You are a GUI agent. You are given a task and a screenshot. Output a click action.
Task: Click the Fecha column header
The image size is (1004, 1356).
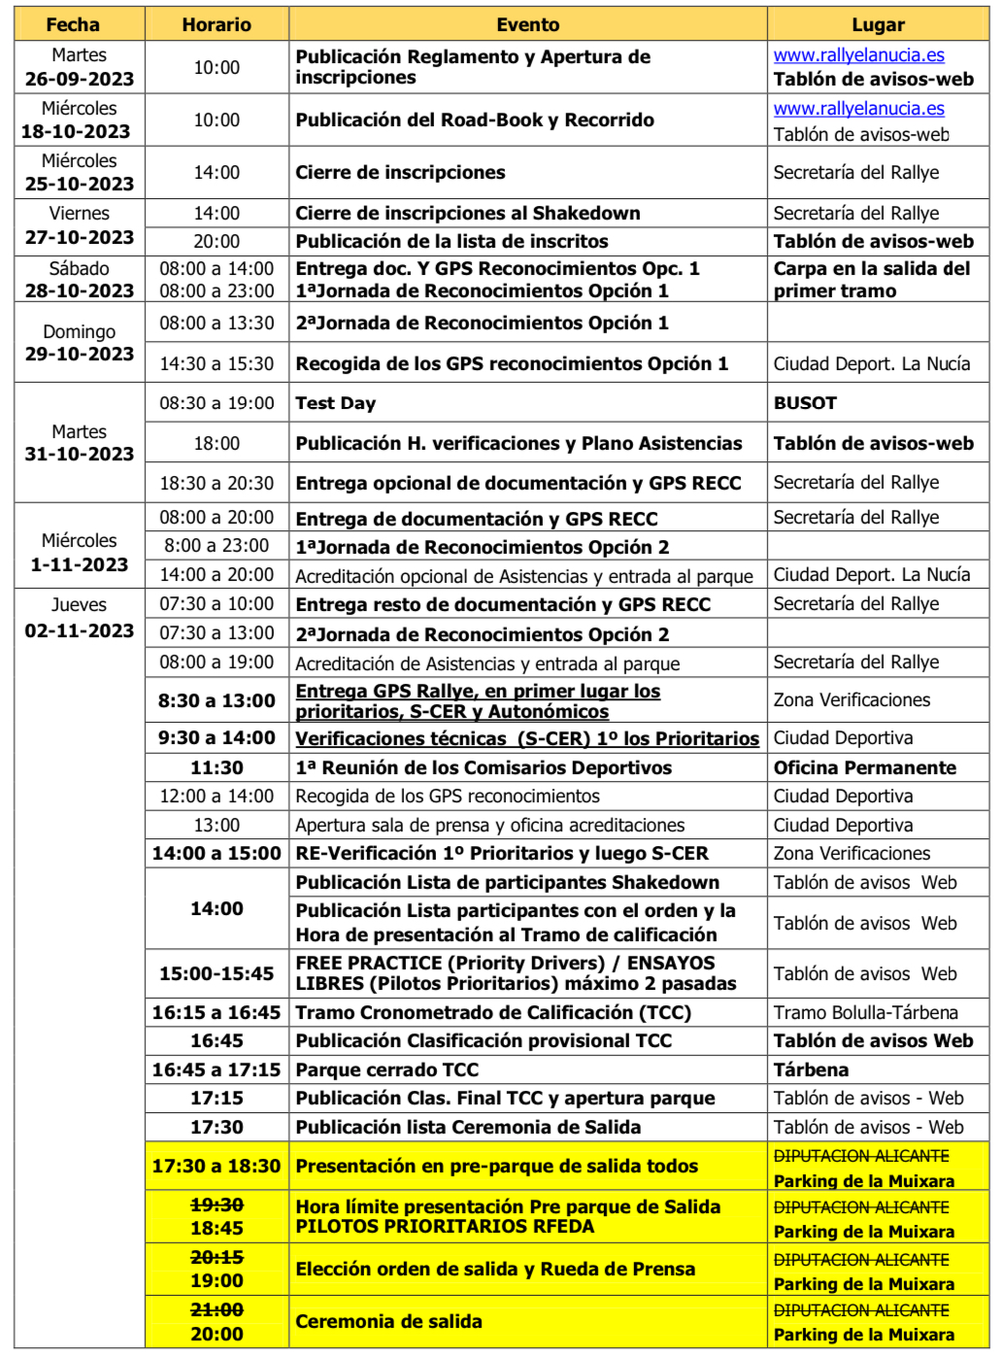[x=73, y=24]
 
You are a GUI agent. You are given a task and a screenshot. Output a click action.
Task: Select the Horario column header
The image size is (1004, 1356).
[x=217, y=24]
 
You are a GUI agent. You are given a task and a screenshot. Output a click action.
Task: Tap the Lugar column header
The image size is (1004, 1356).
[x=878, y=24]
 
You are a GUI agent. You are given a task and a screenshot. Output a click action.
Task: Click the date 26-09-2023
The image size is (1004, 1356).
[x=80, y=79]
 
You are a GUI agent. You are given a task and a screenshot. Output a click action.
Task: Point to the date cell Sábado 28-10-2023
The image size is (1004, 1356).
[x=80, y=280]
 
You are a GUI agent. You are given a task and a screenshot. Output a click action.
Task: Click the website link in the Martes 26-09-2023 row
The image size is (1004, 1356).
[x=858, y=56]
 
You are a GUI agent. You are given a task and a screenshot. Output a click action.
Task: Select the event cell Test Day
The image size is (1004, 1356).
[x=336, y=403]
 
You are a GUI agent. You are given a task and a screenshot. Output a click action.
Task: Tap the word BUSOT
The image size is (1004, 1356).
[x=805, y=403]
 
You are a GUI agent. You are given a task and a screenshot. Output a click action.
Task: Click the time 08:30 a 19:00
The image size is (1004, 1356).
[x=217, y=403]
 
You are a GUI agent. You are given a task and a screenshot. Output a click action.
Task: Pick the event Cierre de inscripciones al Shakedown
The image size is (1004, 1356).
[x=468, y=213]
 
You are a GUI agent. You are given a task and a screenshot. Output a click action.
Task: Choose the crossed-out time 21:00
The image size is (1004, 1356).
[x=217, y=1309]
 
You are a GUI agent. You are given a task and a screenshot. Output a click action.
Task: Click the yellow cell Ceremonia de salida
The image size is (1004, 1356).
[x=389, y=1321]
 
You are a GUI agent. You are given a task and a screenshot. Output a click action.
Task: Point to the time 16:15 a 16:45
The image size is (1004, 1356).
[x=217, y=1012]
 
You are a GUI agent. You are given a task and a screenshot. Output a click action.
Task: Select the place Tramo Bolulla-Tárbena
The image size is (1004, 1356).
[x=865, y=1012]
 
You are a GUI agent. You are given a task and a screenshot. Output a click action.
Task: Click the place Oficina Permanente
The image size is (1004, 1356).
[x=864, y=767]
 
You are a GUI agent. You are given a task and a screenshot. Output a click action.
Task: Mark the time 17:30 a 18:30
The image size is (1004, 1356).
[x=217, y=1166]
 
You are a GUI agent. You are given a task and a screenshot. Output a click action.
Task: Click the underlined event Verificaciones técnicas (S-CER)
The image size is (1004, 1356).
[x=527, y=738]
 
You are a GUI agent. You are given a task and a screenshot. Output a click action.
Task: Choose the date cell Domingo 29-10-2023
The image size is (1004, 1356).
[x=80, y=343]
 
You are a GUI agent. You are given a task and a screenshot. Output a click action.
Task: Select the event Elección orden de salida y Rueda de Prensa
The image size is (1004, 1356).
[x=495, y=1269]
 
